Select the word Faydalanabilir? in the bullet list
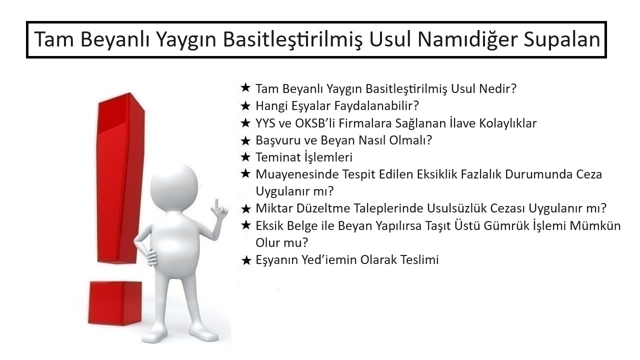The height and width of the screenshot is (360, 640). pyautogui.click(x=376, y=105)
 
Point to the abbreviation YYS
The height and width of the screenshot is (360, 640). pyautogui.click(x=265, y=123)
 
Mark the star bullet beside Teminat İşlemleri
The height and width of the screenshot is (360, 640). pyautogui.click(x=245, y=157)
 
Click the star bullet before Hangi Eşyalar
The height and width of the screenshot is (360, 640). pyautogui.click(x=245, y=106)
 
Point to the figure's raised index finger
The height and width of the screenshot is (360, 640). pyautogui.click(x=217, y=203)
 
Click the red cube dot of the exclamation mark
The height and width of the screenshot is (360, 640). pyautogui.click(x=115, y=303)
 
